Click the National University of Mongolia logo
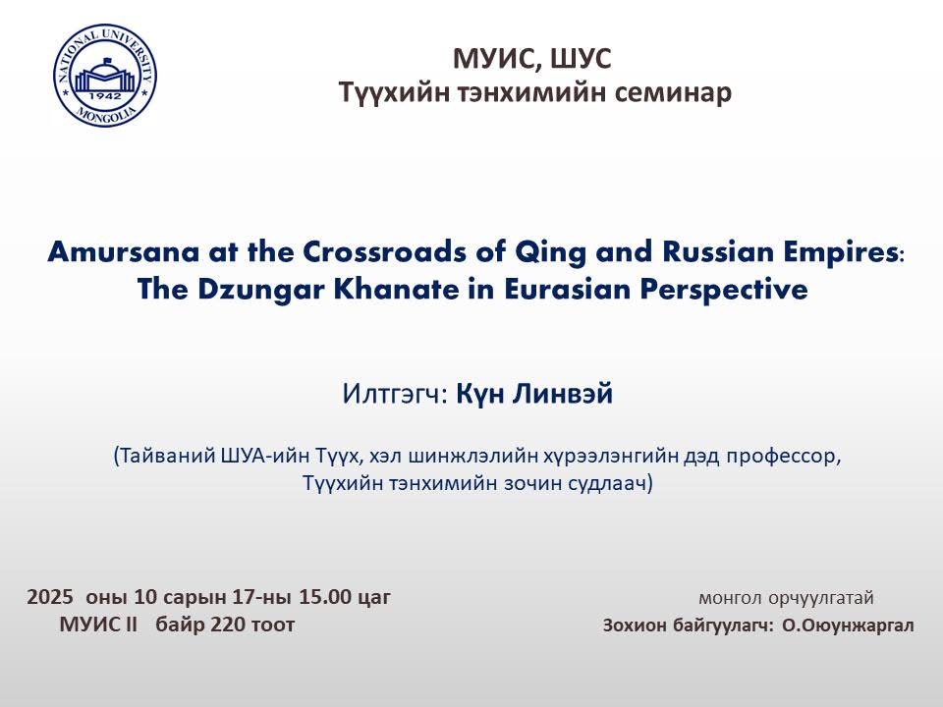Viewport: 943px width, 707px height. click(x=105, y=76)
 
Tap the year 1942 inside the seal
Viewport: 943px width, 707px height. click(x=105, y=96)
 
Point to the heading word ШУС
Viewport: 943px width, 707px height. click(x=580, y=59)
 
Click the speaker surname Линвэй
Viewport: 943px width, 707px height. click(x=563, y=395)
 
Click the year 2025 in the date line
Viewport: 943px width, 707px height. click(x=50, y=597)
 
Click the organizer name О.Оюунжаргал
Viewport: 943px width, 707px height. click(x=848, y=625)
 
